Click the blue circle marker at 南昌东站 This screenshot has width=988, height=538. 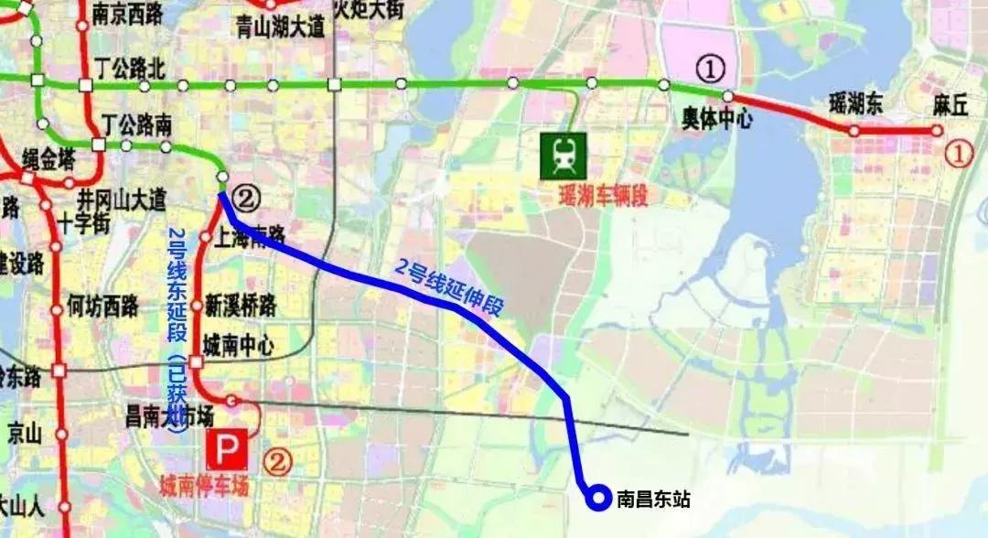tap(598, 498)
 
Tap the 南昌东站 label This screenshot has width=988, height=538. tap(653, 499)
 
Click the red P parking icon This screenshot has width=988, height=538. tap(225, 451)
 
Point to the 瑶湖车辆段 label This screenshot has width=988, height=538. tap(604, 196)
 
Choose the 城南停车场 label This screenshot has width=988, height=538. tap(204, 487)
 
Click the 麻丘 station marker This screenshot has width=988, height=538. tap(936, 130)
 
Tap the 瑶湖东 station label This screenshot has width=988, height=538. tap(855, 102)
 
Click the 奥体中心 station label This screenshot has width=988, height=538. tap(718, 119)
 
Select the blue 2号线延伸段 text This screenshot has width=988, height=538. tap(449, 287)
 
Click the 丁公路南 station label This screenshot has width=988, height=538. tap(137, 124)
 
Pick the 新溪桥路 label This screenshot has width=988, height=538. tap(242, 305)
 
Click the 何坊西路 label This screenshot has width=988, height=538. tap(102, 307)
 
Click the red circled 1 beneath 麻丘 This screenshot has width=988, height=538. tap(958, 154)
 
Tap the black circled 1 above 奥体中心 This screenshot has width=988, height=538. tap(710, 68)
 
